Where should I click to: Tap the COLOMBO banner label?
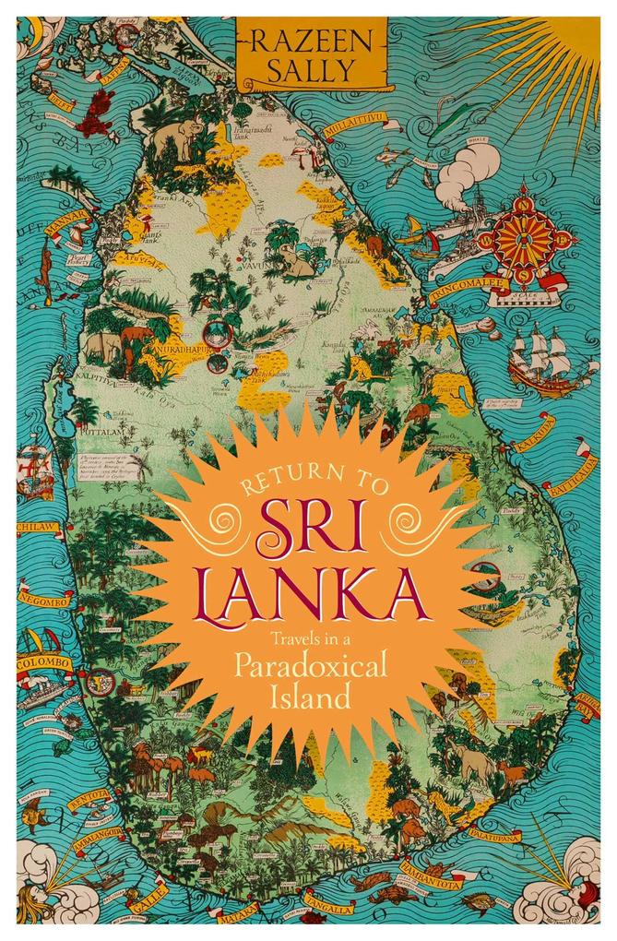43,662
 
